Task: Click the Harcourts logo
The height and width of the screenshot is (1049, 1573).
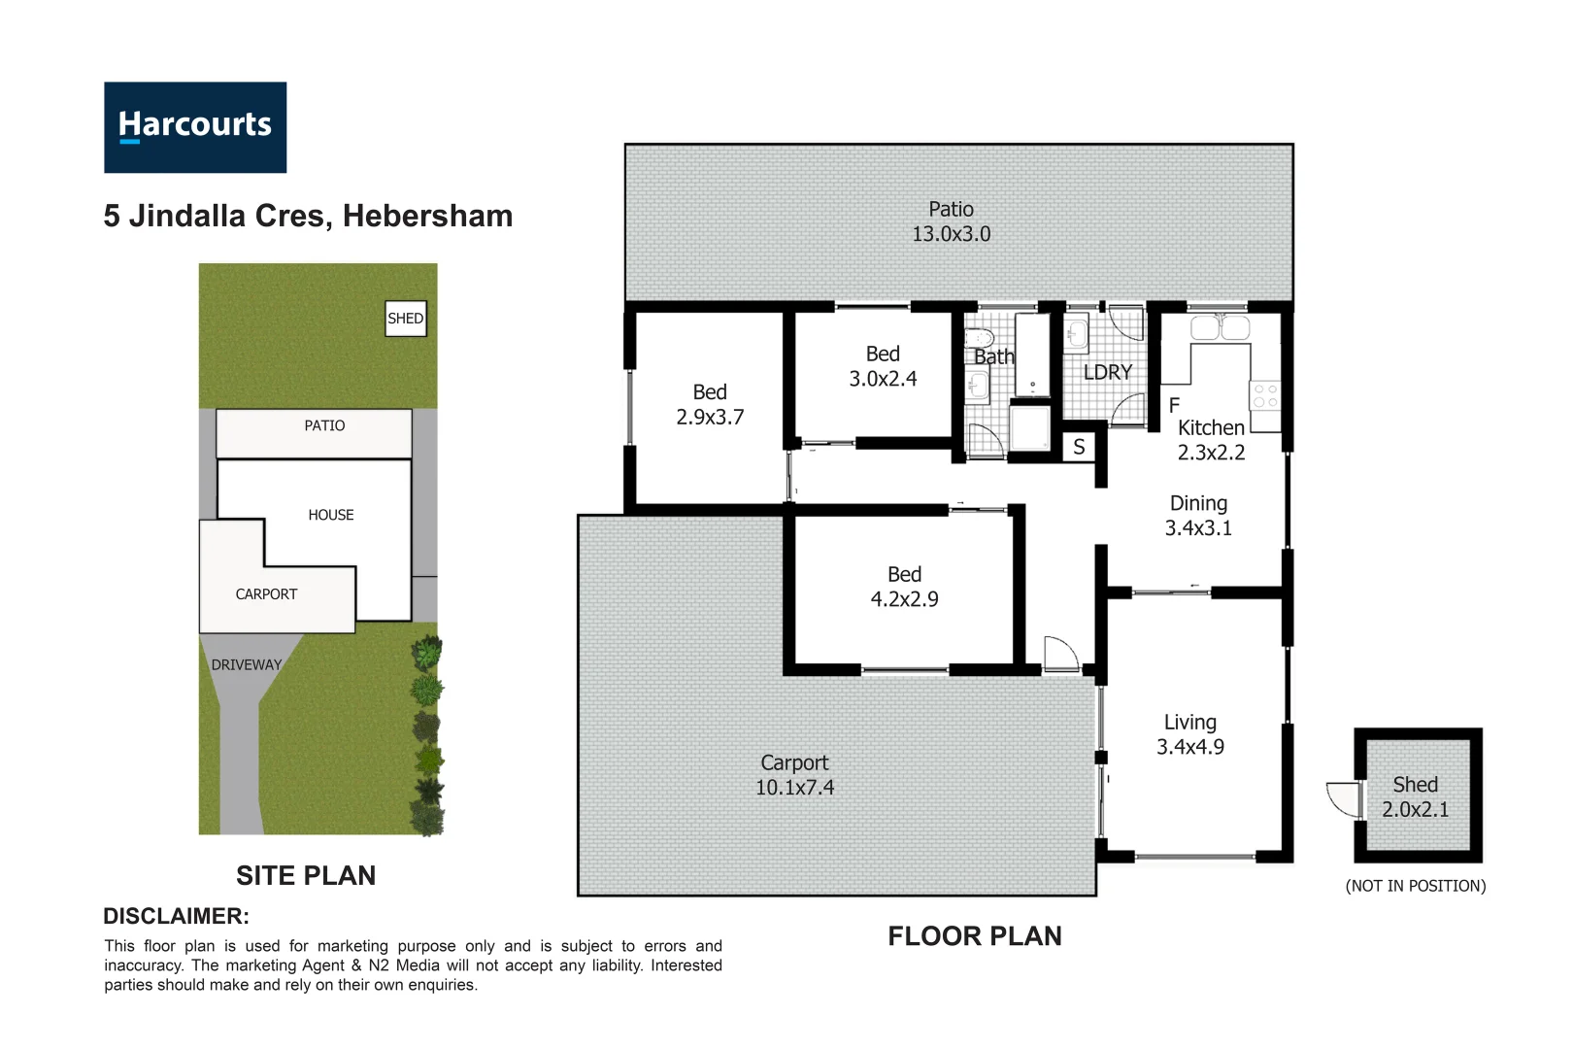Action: tap(195, 127)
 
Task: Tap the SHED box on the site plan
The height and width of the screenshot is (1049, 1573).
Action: tap(406, 319)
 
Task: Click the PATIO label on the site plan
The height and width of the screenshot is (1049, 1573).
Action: tap(324, 426)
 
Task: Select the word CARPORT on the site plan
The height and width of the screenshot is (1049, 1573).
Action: tap(266, 594)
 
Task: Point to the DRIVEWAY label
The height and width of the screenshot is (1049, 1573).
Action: tap(247, 665)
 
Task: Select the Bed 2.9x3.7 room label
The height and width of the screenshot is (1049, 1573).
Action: tap(710, 405)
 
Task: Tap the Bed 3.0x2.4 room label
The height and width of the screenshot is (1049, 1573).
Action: tap(883, 367)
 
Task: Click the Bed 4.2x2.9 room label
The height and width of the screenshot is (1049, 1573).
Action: tap(904, 588)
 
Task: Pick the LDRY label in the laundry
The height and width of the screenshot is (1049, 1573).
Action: tap(1107, 373)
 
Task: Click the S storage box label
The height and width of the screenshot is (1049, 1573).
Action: tap(1079, 448)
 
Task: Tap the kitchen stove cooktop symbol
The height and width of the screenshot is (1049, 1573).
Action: tap(1264, 395)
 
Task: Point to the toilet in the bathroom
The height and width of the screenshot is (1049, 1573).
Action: tap(979, 339)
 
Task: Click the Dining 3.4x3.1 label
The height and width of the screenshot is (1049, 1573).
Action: tap(1198, 516)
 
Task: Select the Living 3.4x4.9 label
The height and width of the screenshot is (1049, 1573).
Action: tap(1189, 735)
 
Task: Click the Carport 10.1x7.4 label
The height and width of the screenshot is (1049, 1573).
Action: tap(794, 775)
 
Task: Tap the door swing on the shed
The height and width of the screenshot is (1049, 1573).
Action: tap(1345, 798)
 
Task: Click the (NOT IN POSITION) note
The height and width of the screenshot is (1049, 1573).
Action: tap(1415, 886)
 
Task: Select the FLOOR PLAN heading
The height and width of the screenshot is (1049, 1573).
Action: tap(975, 936)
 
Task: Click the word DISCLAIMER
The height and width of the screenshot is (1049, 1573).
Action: tap(176, 917)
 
